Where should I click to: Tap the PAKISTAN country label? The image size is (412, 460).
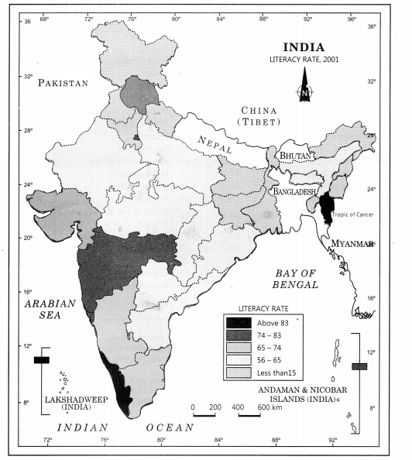pyautogui.click(x=64, y=83)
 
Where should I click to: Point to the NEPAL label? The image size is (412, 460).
pyautogui.click(x=214, y=142)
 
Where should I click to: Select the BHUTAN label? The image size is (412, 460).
pyautogui.click(x=297, y=156)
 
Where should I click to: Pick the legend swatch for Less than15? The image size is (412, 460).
pyautogui.click(x=239, y=375)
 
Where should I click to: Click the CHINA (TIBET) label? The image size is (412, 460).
pyautogui.click(x=260, y=116)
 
